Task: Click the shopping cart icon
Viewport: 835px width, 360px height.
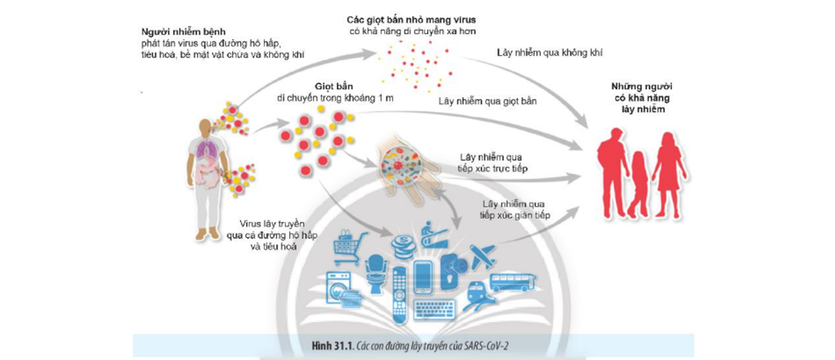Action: [x=347, y=247]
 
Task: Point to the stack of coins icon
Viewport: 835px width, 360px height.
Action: [x=401, y=248]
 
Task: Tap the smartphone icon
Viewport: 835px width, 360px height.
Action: [x=423, y=277]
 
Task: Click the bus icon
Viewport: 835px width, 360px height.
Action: [x=513, y=282]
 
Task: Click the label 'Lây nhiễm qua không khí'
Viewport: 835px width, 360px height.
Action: [x=549, y=53]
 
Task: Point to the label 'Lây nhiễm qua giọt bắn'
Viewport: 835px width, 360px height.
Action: [x=488, y=102]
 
